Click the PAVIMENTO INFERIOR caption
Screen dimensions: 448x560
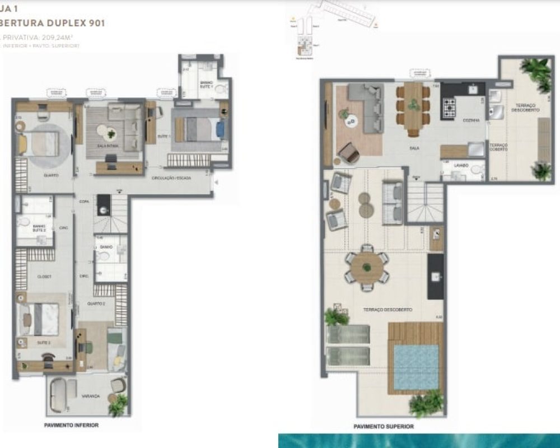pos(71,425)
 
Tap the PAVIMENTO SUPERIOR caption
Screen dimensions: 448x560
pos(384,426)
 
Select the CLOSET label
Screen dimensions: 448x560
pos(45,277)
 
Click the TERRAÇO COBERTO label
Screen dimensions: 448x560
pos(498,147)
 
